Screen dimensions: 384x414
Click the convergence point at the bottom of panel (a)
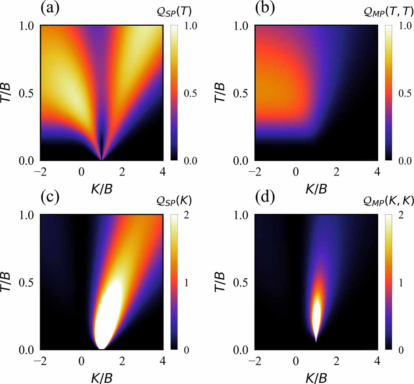tap(102, 159)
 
